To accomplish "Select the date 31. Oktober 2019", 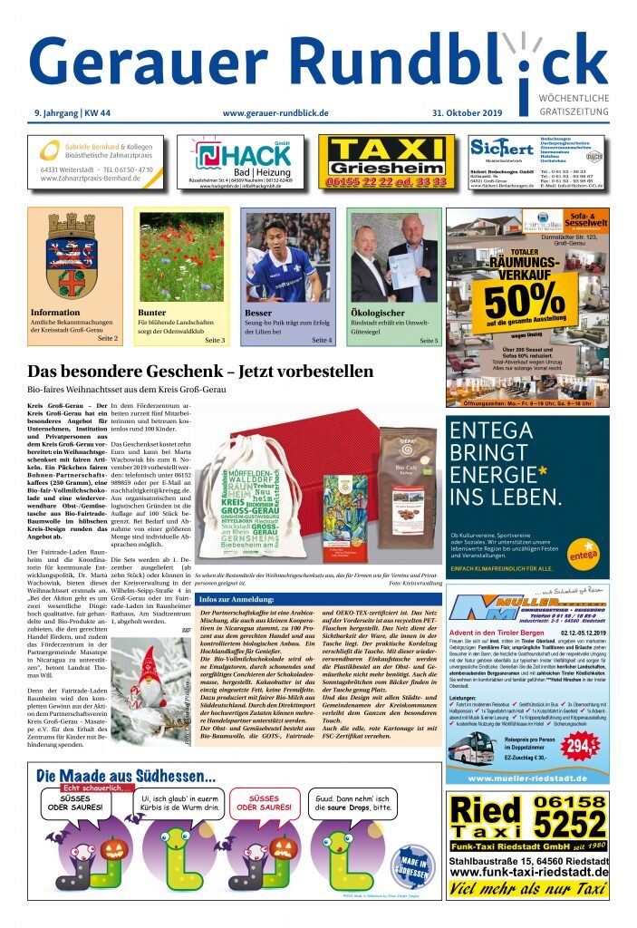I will click(487, 113).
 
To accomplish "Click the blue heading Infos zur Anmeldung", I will click(236, 599).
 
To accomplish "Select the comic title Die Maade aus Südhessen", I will click(126, 777).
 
